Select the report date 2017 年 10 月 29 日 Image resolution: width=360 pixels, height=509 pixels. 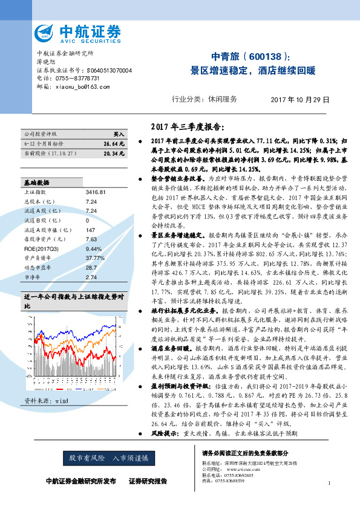(x=299, y=99)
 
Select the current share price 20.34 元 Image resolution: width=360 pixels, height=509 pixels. (x=114, y=154)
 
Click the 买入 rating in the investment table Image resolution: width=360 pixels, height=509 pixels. (x=119, y=134)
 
